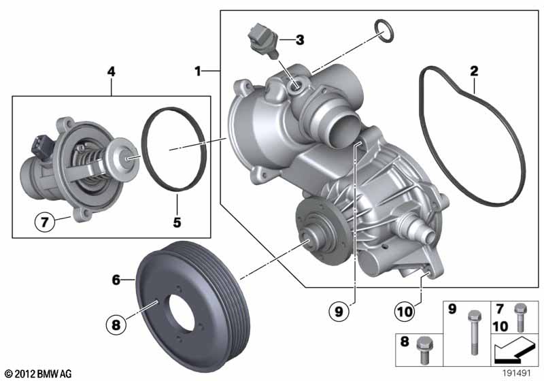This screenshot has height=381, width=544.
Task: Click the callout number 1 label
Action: click(x=198, y=71)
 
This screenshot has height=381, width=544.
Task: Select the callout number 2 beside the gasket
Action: click(x=474, y=71)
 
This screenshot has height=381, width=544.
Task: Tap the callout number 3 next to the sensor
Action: click(x=300, y=40)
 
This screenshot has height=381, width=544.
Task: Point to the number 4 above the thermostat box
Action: click(x=111, y=71)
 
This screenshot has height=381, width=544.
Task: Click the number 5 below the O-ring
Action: click(x=177, y=222)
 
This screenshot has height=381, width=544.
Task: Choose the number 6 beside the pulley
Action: click(x=116, y=280)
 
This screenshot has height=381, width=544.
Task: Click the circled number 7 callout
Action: click(x=45, y=221)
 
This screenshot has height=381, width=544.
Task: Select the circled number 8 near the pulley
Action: click(x=116, y=325)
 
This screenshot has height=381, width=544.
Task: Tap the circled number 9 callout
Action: click(x=339, y=311)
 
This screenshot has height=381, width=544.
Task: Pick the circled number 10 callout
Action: click(x=405, y=311)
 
